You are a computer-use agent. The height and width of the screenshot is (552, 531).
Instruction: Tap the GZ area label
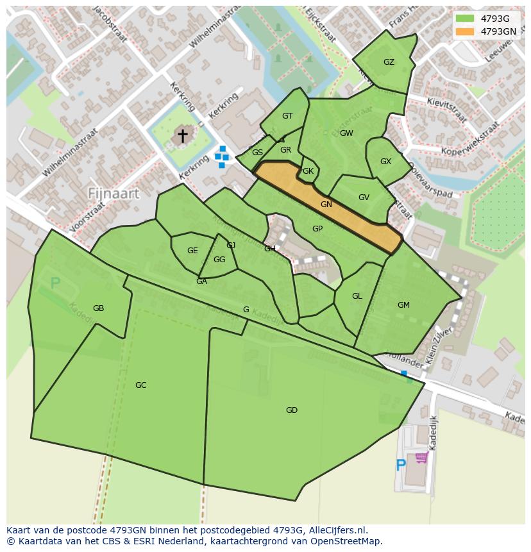tap(389, 62)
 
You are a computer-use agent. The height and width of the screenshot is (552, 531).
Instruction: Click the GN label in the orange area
tap(326, 205)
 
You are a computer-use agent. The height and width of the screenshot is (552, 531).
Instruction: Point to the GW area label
tap(346, 133)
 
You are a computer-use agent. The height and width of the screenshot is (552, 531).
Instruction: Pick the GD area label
tap(292, 410)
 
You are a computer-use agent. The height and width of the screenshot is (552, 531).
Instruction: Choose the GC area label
tap(140, 385)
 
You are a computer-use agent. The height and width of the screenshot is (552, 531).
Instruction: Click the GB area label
tap(98, 308)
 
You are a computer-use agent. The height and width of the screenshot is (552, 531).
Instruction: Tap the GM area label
tap(403, 305)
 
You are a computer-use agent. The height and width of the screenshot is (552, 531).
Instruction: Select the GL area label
tap(357, 296)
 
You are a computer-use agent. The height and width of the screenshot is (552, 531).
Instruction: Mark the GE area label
tap(192, 251)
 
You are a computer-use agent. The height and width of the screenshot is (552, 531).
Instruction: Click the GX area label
tap(385, 162)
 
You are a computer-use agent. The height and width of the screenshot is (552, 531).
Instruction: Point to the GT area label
tap(287, 116)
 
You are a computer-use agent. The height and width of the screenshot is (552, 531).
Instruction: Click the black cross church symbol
tap(183, 135)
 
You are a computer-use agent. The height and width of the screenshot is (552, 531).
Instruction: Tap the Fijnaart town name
tap(114, 193)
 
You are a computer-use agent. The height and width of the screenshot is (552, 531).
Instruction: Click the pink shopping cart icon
tap(421, 457)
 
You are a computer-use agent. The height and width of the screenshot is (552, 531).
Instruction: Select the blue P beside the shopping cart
tap(401, 465)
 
